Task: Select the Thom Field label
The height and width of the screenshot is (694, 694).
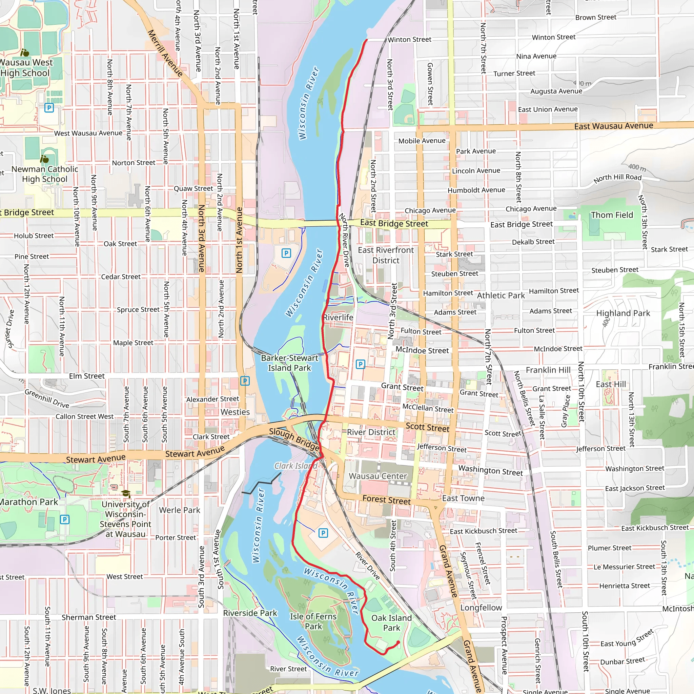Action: point(612,215)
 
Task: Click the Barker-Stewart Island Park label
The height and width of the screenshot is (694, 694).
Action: point(289,363)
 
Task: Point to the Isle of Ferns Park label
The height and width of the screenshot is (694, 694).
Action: point(313,621)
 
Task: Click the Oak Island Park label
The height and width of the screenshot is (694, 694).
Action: point(391,622)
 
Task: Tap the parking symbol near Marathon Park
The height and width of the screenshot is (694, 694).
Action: point(65,519)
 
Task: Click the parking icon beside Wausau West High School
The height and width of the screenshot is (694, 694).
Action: point(49,107)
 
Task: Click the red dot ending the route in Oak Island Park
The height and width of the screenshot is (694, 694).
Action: point(398,642)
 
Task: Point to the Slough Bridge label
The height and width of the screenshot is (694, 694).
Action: point(294,439)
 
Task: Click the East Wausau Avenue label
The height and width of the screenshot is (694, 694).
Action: point(614,126)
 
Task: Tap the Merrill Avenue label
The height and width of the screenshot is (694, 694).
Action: point(165,53)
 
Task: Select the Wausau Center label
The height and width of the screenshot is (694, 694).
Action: point(378,476)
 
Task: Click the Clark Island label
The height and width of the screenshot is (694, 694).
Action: point(295,466)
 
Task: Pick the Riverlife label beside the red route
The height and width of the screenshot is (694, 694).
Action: point(338,317)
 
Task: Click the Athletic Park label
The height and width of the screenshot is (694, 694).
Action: point(501,295)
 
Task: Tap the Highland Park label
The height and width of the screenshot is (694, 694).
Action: point(623,313)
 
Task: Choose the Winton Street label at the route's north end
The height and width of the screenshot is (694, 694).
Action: point(409,40)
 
